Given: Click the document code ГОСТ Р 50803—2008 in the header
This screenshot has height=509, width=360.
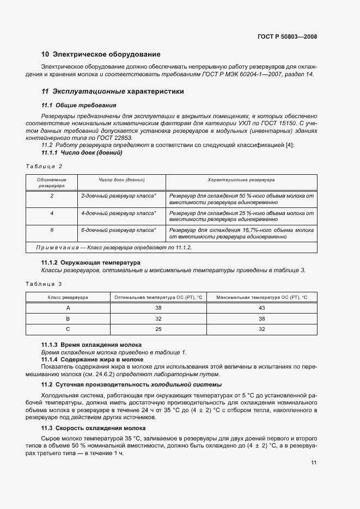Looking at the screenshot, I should tap(287, 36).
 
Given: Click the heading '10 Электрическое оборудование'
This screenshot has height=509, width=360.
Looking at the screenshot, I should tap(101, 54).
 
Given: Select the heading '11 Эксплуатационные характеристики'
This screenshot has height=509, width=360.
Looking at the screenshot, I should tap(113, 91).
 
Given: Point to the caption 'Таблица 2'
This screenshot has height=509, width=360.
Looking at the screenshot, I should tap(44, 166).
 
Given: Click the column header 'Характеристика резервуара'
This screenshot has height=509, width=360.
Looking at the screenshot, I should tap(241, 180).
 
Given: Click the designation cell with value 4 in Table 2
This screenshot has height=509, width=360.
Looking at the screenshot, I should tap(52, 213).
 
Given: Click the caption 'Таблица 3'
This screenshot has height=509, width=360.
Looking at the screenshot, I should tap(44, 284).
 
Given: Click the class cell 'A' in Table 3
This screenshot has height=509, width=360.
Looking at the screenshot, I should tap(68, 308).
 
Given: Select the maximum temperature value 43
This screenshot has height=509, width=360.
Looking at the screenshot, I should tap(261, 308).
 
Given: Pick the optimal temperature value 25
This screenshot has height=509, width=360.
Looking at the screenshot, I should tap(158, 329).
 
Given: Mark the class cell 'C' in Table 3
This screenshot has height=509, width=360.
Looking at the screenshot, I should tap(68, 329).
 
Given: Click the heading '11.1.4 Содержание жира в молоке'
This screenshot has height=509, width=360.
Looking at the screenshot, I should tap(93, 359).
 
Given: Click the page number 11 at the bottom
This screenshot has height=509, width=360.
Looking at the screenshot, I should tap(314, 463).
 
